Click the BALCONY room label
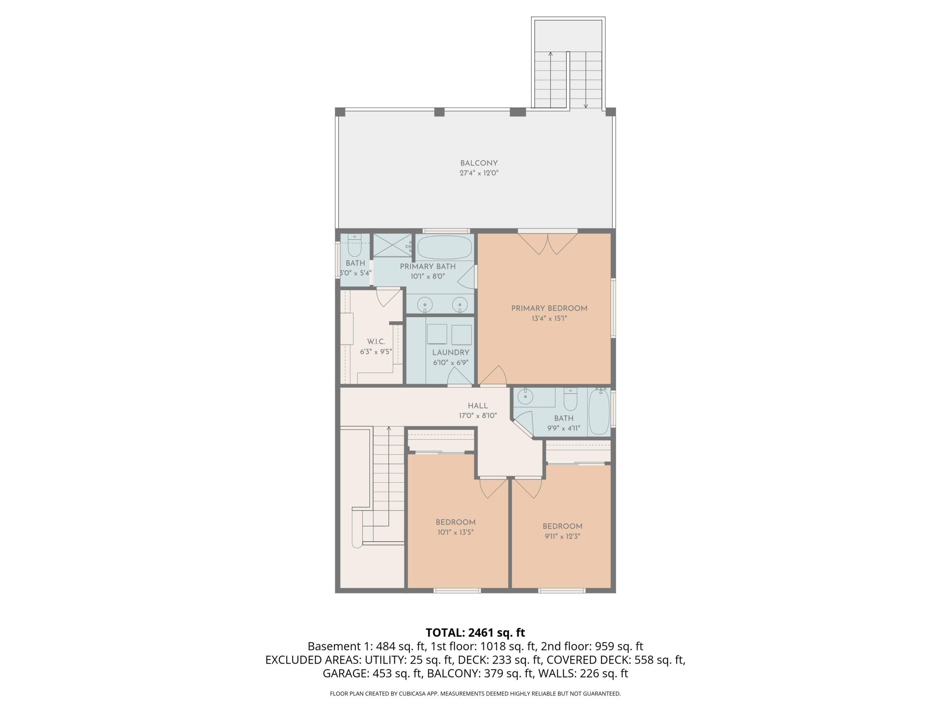click(x=478, y=163)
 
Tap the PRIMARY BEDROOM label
click(x=549, y=308)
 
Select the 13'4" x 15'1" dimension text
click(x=549, y=319)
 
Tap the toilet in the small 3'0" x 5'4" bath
click(x=354, y=245)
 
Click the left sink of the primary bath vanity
click(x=425, y=303)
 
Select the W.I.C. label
click(x=376, y=342)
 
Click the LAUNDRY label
click(x=451, y=352)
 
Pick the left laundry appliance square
click(x=437, y=334)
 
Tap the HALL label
click(x=478, y=406)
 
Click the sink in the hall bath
click(x=525, y=396)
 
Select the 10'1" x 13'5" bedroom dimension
click(x=455, y=532)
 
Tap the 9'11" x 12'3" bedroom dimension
click(x=562, y=536)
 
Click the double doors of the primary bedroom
click(x=548, y=243)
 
